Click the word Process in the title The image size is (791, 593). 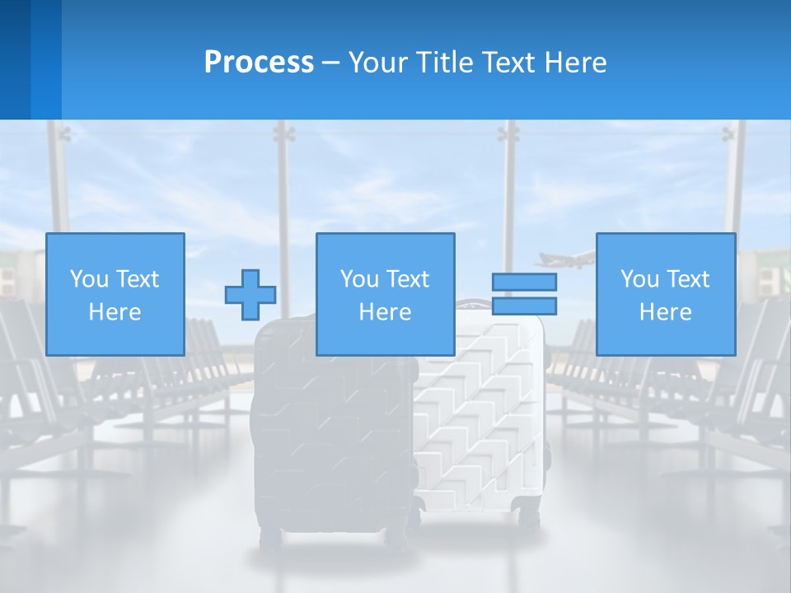pyautogui.click(x=259, y=62)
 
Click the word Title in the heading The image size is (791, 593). pyautogui.click(x=442, y=62)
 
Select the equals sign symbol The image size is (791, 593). pyautogui.click(x=524, y=294)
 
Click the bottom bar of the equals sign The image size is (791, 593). pyautogui.click(x=524, y=306)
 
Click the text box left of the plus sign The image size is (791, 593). pyautogui.click(x=115, y=294)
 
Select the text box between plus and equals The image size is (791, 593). pyautogui.click(x=386, y=294)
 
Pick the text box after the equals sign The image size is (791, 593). pyautogui.click(x=666, y=294)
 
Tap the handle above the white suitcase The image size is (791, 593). pyautogui.click(x=474, y=305)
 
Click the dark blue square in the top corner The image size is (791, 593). pyautogui.click(x=15, y=59)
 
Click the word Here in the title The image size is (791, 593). pyautogui.click(x=575, y=62)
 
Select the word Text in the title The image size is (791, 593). pyautogui.click(x=505, y=62)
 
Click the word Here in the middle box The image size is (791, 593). pyautogui.click(x=386, y=312)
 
